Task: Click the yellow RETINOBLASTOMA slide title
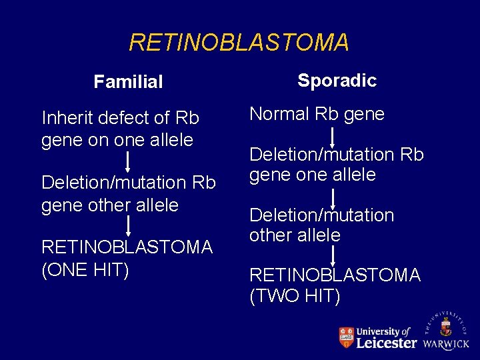click(x=239, y=43)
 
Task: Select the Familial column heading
click(x=128, y=82)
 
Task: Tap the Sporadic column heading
click(x=337, y=81)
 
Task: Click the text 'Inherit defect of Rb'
click(x=120, y=118)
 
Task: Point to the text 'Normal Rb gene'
click(x=317, y=114)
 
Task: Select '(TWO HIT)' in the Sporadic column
click(x=295, y=295)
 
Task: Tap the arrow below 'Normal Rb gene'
click(x=333, y=135)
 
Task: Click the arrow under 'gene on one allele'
click(x=127, y=163)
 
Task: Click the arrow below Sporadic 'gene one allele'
click(x=333, y=196)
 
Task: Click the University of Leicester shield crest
click(x=346, y=337)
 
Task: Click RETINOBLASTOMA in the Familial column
click(x=127, y=247)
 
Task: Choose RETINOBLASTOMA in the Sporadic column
click(x=335, y=275)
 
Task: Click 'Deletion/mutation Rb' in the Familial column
click(x=129, y=182)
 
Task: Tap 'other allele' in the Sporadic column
click(x=295, y=235)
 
